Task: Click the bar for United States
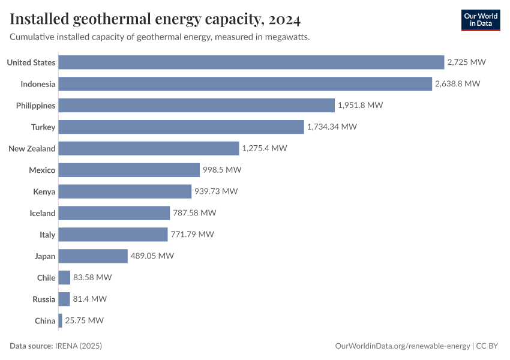coord(251,62)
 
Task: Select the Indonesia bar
coord(245,84)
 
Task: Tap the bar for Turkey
coord(181,127)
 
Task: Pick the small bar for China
coord(60,320)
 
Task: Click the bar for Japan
coord(93,256)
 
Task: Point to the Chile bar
coord(64,278)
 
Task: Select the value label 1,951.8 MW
coord(360,105)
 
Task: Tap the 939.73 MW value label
coord(217,191)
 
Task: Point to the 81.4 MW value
coord(90,299)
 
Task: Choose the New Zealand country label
coord(32,149)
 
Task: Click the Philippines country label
coord(35,106)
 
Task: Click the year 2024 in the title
coord(285,19)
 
